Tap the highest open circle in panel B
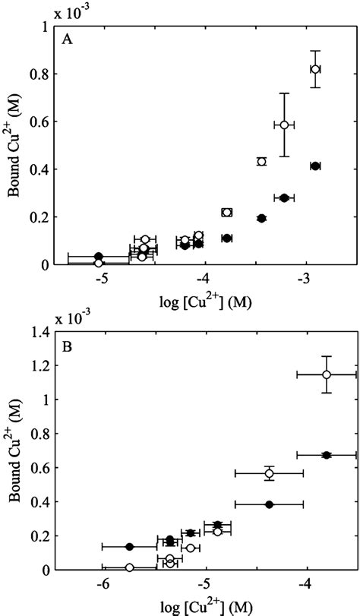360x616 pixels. click(x=327, y=374)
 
